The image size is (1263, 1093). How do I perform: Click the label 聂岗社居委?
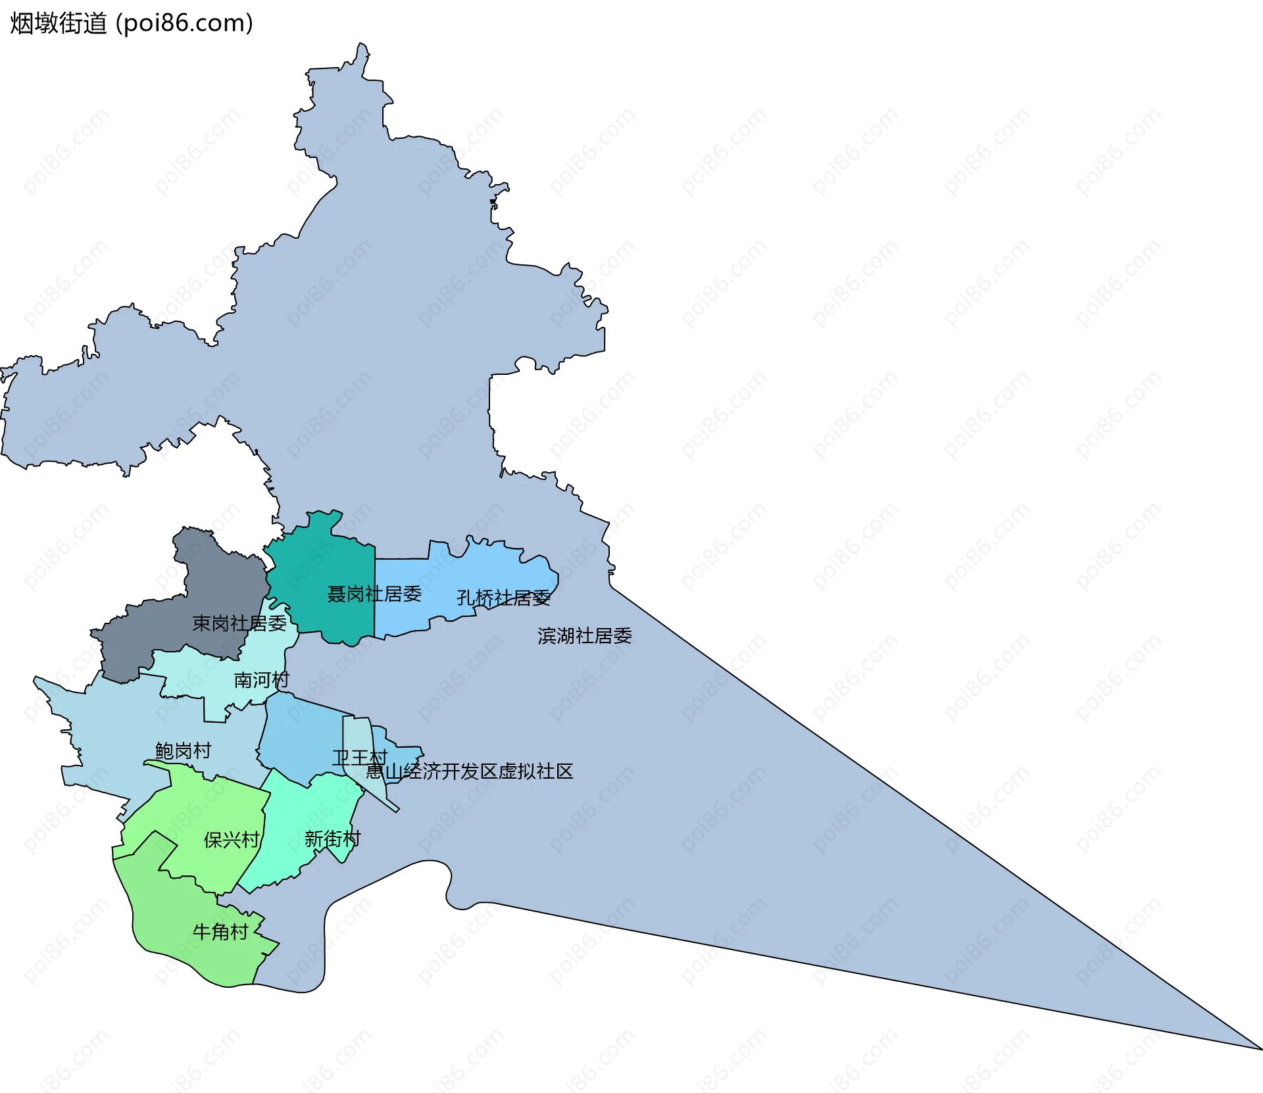pyautogui.click(x=374, y=595)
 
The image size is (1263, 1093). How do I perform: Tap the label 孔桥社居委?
pyautogui.click(x=503, y=598)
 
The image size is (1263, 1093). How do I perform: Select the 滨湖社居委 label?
pyautogui.click(x=585, y=636)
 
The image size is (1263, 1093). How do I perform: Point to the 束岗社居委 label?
pyautogui.click(x=239, y=623)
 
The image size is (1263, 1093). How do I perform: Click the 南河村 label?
pyautogui.click(x=262, y=680)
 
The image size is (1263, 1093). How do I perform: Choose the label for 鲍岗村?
pyautogui.click(x=184, y=751)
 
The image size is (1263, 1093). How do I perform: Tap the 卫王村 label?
pyautogui.click(x=359, y=758)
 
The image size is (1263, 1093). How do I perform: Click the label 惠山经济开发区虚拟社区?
pyautogui.click(x=470, y=771)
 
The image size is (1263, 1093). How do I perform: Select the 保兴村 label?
pyautogui.click(x=232, y=840)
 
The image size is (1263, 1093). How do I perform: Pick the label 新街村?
pyautogui.click(x=333, y=839)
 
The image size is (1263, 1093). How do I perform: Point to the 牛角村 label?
pyautogui.click(x=220, y=932)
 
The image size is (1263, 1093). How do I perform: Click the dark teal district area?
pyautogui.click(x=316, y=559)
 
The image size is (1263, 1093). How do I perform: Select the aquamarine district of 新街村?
pyautogui.click(x=296, y=815)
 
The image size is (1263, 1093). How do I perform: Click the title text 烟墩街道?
pyautogui.click(x=58, y=24)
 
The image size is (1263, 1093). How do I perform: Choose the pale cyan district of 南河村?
pyautogui.click(x=191, y=677)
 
